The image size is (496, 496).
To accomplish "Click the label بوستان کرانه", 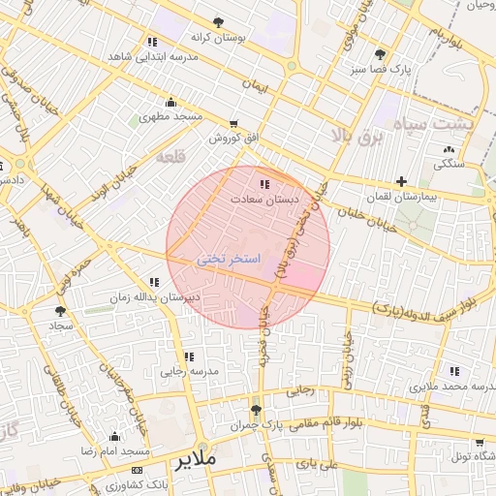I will (x=218, y=37).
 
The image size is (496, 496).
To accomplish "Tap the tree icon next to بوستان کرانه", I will (x=218, y=22).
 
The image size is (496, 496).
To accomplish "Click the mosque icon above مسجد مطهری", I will (x=171, y=103).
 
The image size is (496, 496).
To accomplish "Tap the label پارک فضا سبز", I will (x=381, y=70).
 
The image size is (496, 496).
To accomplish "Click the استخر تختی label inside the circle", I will (x=229, y=260).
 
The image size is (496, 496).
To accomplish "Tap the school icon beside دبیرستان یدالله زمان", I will (x=155, y=282).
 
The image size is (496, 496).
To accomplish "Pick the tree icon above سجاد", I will (x=61, y=311).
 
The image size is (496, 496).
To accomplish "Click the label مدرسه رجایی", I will (x=190, y=371).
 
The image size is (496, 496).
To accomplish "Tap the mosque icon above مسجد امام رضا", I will (x=115, y=437).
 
